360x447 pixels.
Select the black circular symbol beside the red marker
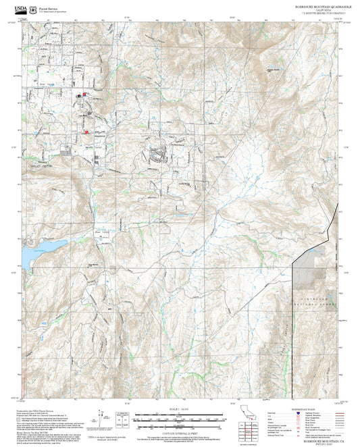pyautogui.click(x=78, y=96)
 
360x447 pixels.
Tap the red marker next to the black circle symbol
pyautogui.click(x=84, y=95)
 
